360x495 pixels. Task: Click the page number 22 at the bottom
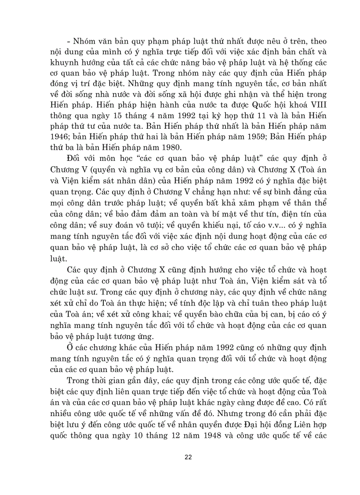coord(188,457)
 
